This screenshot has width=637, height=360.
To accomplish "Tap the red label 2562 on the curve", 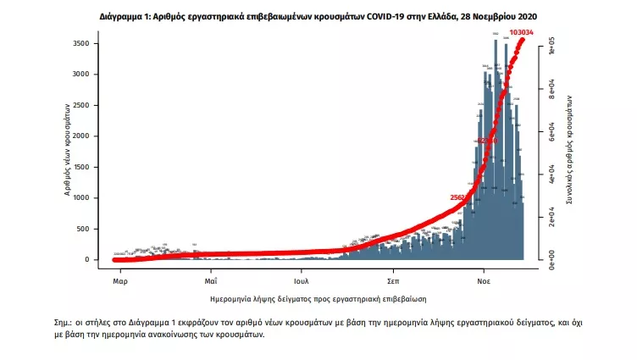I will pyautogui.click(x=460, y=197).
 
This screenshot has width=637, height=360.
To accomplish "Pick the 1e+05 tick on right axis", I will pyautogui.click(x=551, y=44).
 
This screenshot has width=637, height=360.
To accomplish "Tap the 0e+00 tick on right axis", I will pyautogui.click(x=551, y=258).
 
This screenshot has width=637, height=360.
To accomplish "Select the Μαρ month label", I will pyautogui.click(x=119, y=280).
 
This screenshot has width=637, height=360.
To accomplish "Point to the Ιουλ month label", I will pyautogui.click(x=302, y=280).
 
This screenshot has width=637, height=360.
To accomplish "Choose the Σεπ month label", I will pyautogui.click(x=393, y=280).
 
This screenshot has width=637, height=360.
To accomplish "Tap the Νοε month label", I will pyautogui.click(x=484, y=280).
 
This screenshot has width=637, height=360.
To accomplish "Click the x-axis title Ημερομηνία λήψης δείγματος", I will pyautogui.click(x=318, y=299).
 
